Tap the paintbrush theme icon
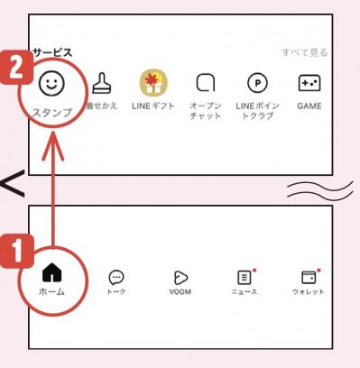click(x=101, y=85)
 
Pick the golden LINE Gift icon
click(x=153, y=85)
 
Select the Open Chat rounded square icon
click(x=205, y=85)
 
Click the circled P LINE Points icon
click(x=256, y=85)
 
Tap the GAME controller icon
click(x=309, y=84)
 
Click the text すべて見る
click(x=304, y=53)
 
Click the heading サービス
click(x=51, y=53)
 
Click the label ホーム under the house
click(x=51, y=293)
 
